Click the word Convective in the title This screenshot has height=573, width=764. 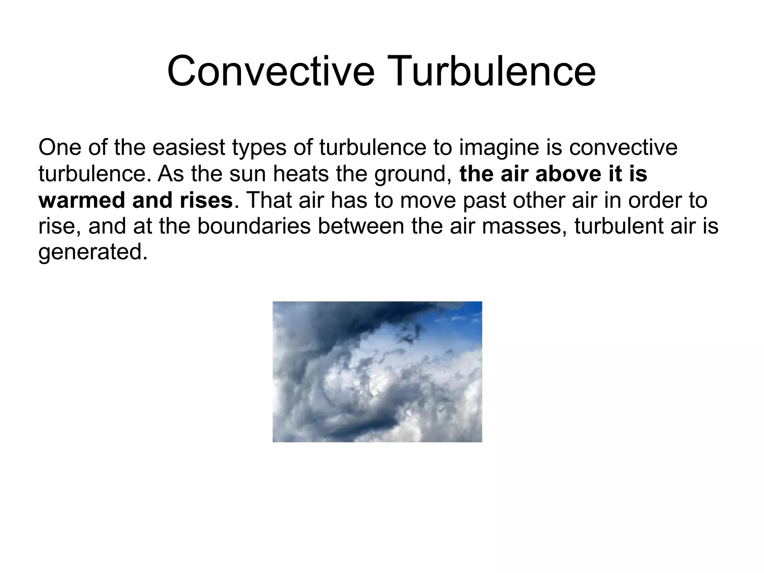270,71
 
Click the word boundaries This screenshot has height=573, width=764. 254,226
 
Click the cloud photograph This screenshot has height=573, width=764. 377,371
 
